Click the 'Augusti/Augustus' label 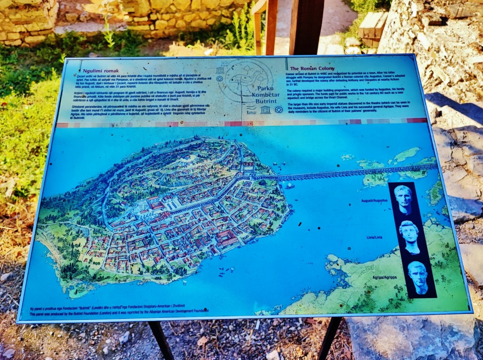click(x=374, y=201)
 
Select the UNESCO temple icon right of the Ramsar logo click(x=266, y=110)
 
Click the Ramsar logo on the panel click(x=251, y=110)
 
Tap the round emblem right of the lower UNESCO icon click(x=279, y=110)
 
